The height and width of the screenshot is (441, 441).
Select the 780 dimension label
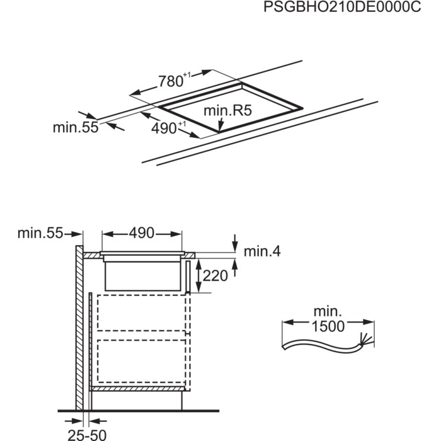coord(169,81)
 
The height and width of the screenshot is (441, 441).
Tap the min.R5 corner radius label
coord(227,111)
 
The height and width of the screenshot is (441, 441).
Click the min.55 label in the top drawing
coord(76,127)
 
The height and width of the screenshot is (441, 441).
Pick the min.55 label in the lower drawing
coord(40,233)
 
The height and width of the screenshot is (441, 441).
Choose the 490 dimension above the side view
coord(142,233)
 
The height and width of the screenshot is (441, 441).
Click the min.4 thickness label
coord(262,252)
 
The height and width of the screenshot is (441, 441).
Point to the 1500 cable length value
coord(328,326)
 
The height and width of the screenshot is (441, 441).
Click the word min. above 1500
coord(328,311)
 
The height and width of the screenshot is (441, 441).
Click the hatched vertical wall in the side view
coord(79,328)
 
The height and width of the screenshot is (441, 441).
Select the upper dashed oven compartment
coord(142,312)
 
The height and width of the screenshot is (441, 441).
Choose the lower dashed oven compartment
coord(142,362)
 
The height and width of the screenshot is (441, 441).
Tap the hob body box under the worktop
coord(142,275)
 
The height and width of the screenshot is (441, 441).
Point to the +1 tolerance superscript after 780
coord(186,76)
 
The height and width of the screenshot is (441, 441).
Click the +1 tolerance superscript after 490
coord(181,124)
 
